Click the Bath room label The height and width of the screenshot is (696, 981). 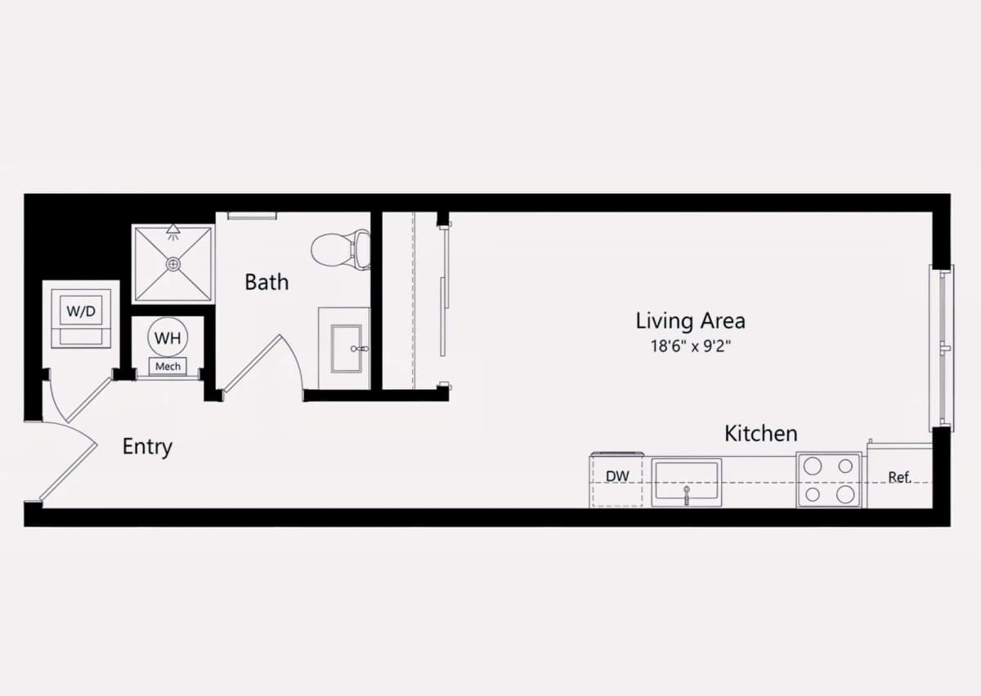(x=267, y=282)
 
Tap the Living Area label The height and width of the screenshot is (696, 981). (x=690, y=321)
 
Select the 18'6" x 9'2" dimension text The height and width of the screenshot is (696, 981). (x=691, y=346)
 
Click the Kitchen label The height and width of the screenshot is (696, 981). (x=761, y=433)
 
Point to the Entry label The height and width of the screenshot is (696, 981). (x=147, y=447)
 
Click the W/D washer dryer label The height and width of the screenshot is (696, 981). (x=81, y=311)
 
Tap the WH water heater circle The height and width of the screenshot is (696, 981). (x=168, y=337)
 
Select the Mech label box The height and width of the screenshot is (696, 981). (x=168, y=367)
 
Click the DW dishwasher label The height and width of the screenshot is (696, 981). (x=617, y=476)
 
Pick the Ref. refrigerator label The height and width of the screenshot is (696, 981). (x=899, y=477)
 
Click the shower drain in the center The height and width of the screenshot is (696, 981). (x=174, y=264)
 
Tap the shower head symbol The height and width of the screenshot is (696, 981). (x=173, y=232)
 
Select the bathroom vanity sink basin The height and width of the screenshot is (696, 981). (x=347, y=349)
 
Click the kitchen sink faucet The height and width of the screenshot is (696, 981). (x=686, y=495)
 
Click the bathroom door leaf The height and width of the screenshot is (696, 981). (x=252, y=364)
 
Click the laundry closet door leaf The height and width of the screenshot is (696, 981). (x=89, y=399)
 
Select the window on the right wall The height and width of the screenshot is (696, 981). (x=942, y=348)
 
